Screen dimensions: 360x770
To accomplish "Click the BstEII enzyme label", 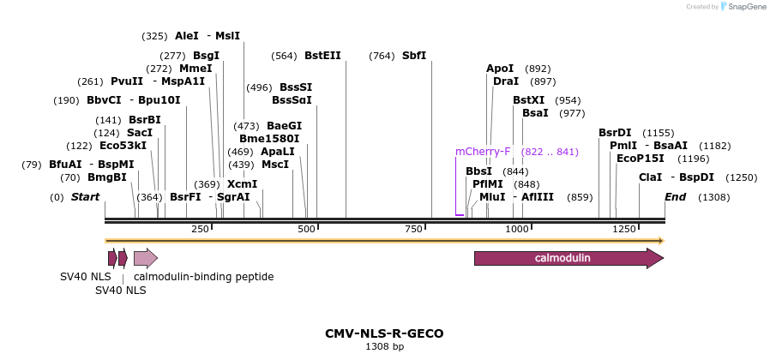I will tap(322, 56).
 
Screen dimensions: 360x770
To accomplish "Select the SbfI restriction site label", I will tap(414, 56).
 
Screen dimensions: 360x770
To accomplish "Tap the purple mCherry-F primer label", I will tap(483, 152).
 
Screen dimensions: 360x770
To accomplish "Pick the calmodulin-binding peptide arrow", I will tap(145, 258).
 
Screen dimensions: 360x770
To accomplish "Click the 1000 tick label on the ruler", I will tap(517, 230).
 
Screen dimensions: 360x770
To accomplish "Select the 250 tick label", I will tap(201, 230).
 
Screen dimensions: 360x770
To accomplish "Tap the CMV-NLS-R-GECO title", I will tap(384, 333).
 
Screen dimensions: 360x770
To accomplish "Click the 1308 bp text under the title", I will tap(384, 347).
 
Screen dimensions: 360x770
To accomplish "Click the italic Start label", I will tap(85, 197).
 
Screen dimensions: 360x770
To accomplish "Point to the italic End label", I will tap(676, 197).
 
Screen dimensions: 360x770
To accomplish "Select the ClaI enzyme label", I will tap(650, 177).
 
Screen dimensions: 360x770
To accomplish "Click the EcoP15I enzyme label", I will tap(641, 159).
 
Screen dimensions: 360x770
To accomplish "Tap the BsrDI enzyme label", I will tap(615, 133).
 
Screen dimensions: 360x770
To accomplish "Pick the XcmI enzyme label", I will tap(242, 184).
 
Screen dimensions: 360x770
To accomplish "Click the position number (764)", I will tap(382, 56).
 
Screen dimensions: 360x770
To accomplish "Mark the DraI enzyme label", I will tap(506, 81).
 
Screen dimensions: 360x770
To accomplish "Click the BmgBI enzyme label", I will tap(106, 177).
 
